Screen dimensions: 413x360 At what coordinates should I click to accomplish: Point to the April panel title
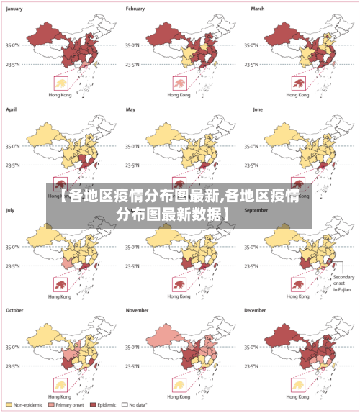click(x=12, y=109)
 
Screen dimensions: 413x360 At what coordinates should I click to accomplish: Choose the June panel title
click(x=258, y=109)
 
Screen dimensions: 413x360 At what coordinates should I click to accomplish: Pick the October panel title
click(x=15, y=310)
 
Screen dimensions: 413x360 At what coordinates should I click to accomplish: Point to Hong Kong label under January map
click(x=59, y=95)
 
